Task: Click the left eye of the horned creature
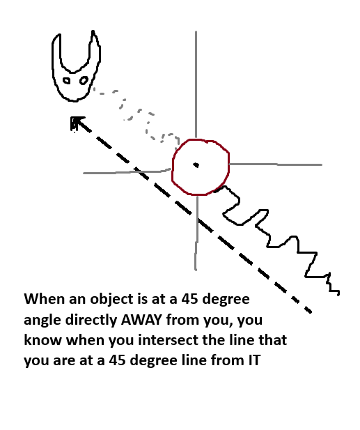click(x=67, y=81)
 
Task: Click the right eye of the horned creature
click(x=84, y=81)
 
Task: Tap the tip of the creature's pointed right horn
click(x=93, y=31)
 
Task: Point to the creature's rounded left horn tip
click(x=58, y=35)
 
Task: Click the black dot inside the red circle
click(x=196, y=164)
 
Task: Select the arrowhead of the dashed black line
click(x=77, y=123)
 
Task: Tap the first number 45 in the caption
click(x=189, y=299)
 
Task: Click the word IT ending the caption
click(x=254, y=360)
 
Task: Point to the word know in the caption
click(x=42, y=340)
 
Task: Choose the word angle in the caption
click(x=42, y=321)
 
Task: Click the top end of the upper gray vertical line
click(x=196, y=32)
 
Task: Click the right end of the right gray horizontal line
click(x=322, y=164)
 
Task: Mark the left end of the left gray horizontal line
click(x=84, y=174)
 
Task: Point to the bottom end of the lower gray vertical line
click(x=196, y=270)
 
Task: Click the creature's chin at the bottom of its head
click(x=74, y=100)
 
